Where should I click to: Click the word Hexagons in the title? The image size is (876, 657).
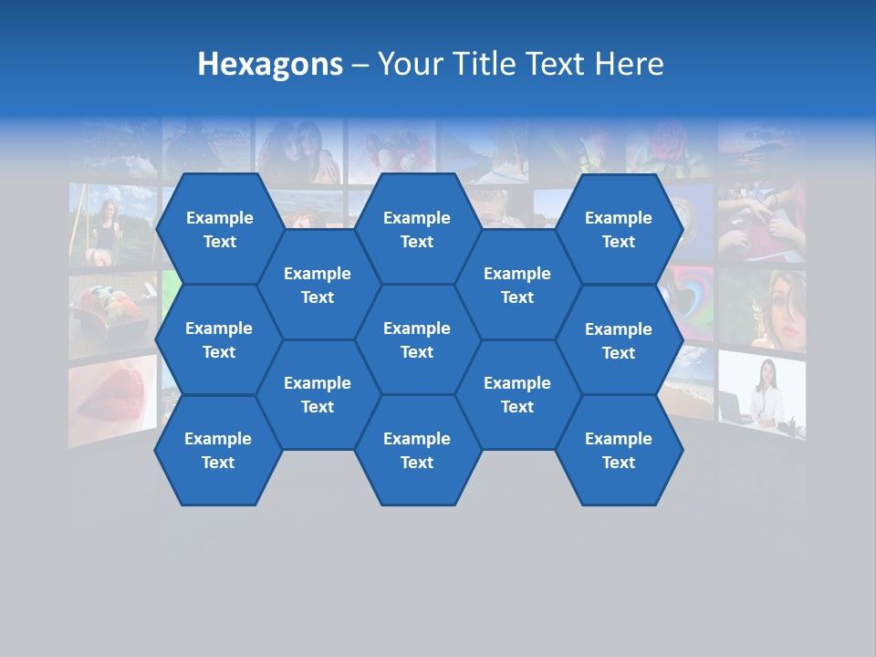pyautogui.click(x=270, y=64)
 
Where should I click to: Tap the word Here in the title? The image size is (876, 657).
pyautogui.click(x=629, y=64)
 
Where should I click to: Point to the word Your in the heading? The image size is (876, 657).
pyautogui.click(x=409, y=64)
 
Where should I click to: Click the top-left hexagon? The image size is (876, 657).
pyautogui.click(x=219, y=229)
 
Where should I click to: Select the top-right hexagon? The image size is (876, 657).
pyautogui.click(x=619, y=229)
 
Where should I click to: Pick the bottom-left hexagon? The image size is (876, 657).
pyautogui.click(x=218, y=450)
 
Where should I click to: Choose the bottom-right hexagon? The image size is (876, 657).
pyautogui.click(x=619, y=450)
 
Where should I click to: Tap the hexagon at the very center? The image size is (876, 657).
pyautogui.click(x=417, y=339)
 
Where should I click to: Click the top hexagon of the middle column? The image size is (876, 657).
pyautogui.click(x=417, y=229)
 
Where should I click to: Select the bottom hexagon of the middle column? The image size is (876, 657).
pyautogui.click(x=417, y=450)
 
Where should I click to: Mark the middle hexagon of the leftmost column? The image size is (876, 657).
pyautogui.click(x=219, y=339)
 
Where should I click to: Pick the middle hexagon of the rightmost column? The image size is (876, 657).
pyautogui.click(x=619, y=340)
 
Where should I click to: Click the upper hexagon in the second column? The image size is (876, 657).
pyautogui.click(x=318, y=285)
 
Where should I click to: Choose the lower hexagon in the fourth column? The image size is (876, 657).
pyautogui.click(x=517, y=394)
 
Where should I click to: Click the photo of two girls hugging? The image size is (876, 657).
pyautogui.click(x=299, y=151)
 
